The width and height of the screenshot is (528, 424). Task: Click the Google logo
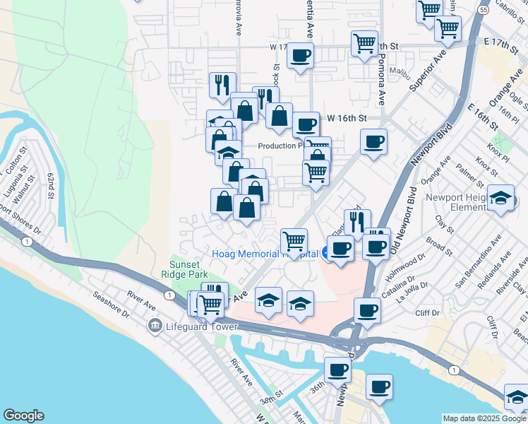coord(23,416)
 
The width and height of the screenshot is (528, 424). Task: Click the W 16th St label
coord(347,118)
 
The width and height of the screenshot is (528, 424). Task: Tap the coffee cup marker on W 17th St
coord(301,55)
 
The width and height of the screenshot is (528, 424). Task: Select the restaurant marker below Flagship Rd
coord(357,221)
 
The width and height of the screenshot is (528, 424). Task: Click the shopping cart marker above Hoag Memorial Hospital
coord(294,241)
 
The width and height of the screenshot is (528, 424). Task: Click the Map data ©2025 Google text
coord(484,418)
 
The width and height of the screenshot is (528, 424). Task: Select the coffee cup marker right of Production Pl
coord(373,141)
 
